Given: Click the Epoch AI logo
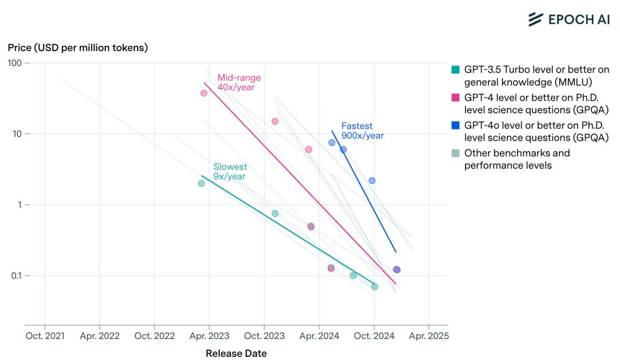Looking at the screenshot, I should pyautogui.click(x=568, y=19).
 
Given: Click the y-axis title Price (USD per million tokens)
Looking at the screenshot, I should pyautogui.click(x=77, y=48).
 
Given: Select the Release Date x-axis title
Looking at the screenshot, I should pyautogui.click(x=236, y=353).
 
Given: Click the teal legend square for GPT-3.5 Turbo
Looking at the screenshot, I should pyautogui.click(x=456, y=70).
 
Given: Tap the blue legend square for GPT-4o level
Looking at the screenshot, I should pyautogui.click(x=456, y=125).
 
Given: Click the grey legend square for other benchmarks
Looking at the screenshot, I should pyautogui.click(x=456, y=153).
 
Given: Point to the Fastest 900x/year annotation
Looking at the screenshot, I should pyautogui.click(x=362, y=130).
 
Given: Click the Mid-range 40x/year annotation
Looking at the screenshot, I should pyautogui.click(x=239, y=82).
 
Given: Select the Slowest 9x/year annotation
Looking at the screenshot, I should pyautogui.click(x=230, y=171).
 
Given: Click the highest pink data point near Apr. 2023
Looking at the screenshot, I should pyautogui.click(x=204, y=93).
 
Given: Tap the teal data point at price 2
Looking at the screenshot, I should pyautogui.click(x=201, y=183).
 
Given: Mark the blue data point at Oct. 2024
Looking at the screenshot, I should pyautogui.click(x=372, y=180).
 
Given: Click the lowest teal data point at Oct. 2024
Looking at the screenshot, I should pyautogui.click(x=375, y=286).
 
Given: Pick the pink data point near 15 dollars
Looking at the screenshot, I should pyautogui.click(x=275, y=121).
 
